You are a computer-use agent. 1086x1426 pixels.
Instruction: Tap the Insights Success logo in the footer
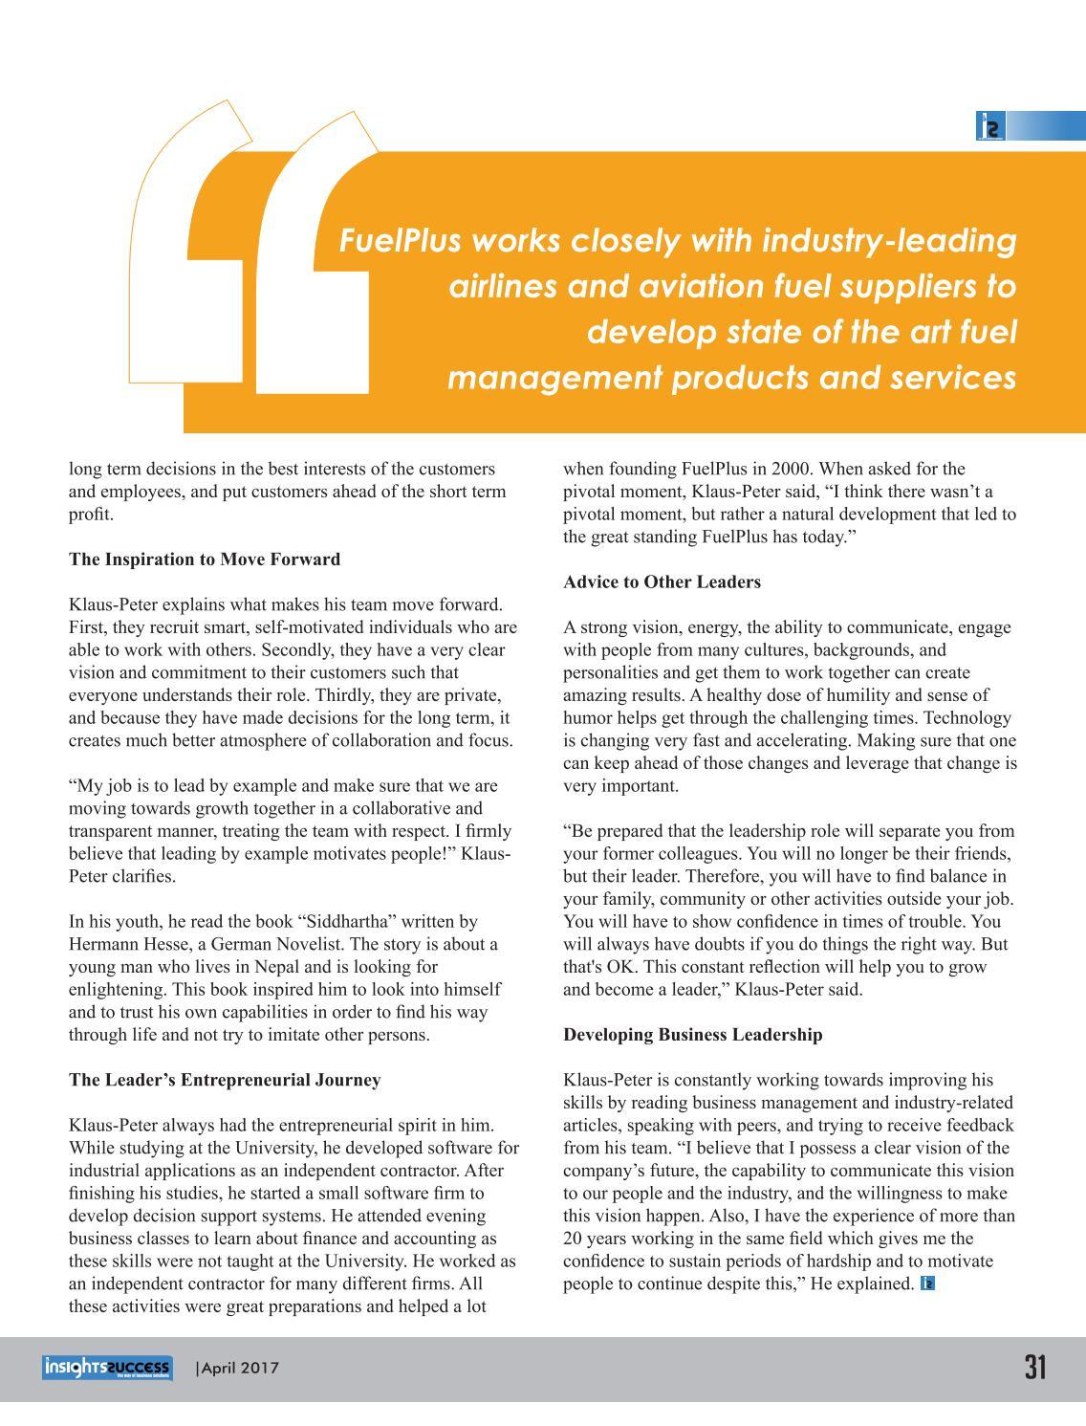[107, 1368]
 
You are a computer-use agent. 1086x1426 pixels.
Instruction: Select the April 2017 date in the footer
[238, 1368]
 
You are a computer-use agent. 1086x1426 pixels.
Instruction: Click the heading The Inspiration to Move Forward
[205, 559]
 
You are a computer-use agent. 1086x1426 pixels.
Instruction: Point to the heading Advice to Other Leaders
[662, 581]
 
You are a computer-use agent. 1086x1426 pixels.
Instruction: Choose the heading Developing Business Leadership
[692, 1034]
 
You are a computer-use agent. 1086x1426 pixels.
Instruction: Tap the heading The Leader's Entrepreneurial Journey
[225, 1080]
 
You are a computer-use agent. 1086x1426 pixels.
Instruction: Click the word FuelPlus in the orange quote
[402, 240]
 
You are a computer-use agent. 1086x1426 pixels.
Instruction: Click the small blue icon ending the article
[927, 1283]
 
